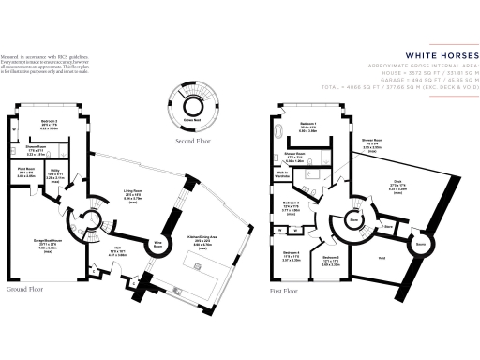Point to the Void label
coord(381,256)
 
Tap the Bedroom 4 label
coord(292,252)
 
